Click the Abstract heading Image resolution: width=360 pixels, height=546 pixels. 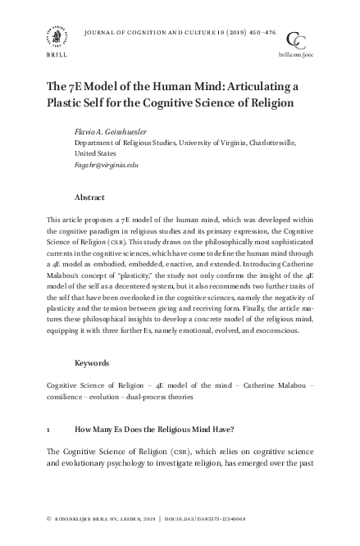click(x=89, y=198)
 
